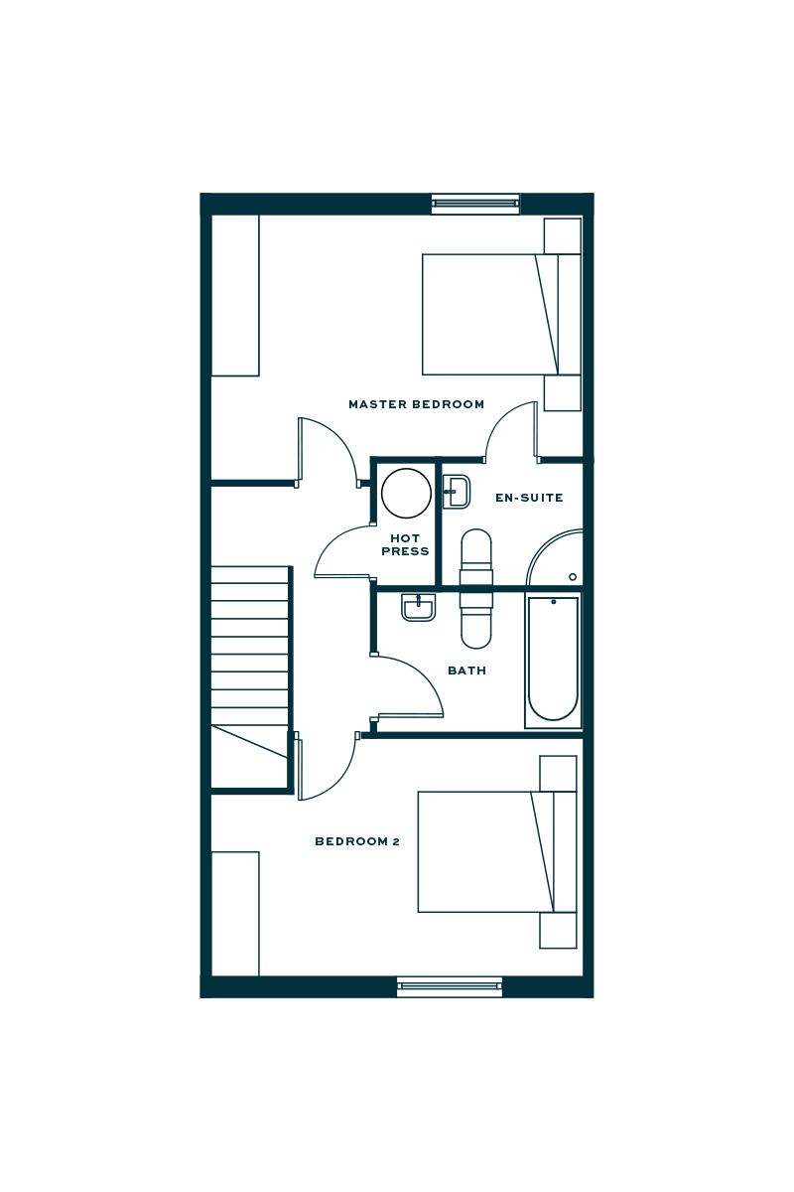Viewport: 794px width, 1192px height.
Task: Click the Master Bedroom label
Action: tap(416, 405)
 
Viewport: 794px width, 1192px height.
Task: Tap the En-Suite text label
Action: tap(529, 498)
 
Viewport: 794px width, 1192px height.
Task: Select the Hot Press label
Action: tap(405, 544)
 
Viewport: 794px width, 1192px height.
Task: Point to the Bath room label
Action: tap(466, 671)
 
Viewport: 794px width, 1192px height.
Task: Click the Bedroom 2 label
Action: tap(356, 842)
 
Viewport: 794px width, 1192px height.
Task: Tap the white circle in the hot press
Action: tap(406, 494)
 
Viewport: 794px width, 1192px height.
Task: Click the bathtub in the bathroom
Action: tap(552, 660)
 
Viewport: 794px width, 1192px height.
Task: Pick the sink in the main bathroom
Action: tap(418, 607)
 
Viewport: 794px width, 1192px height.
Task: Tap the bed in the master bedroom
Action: tap(490, 314)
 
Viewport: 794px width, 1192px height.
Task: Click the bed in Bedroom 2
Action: tap(486, 851)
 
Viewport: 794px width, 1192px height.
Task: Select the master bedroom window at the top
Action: tap(474, 205)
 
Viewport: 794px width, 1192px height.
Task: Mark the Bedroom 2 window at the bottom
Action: tap(450, 986)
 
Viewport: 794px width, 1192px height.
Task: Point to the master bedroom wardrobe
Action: tap(236, 296)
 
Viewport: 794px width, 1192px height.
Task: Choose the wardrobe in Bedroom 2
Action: tap(236, 913)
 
